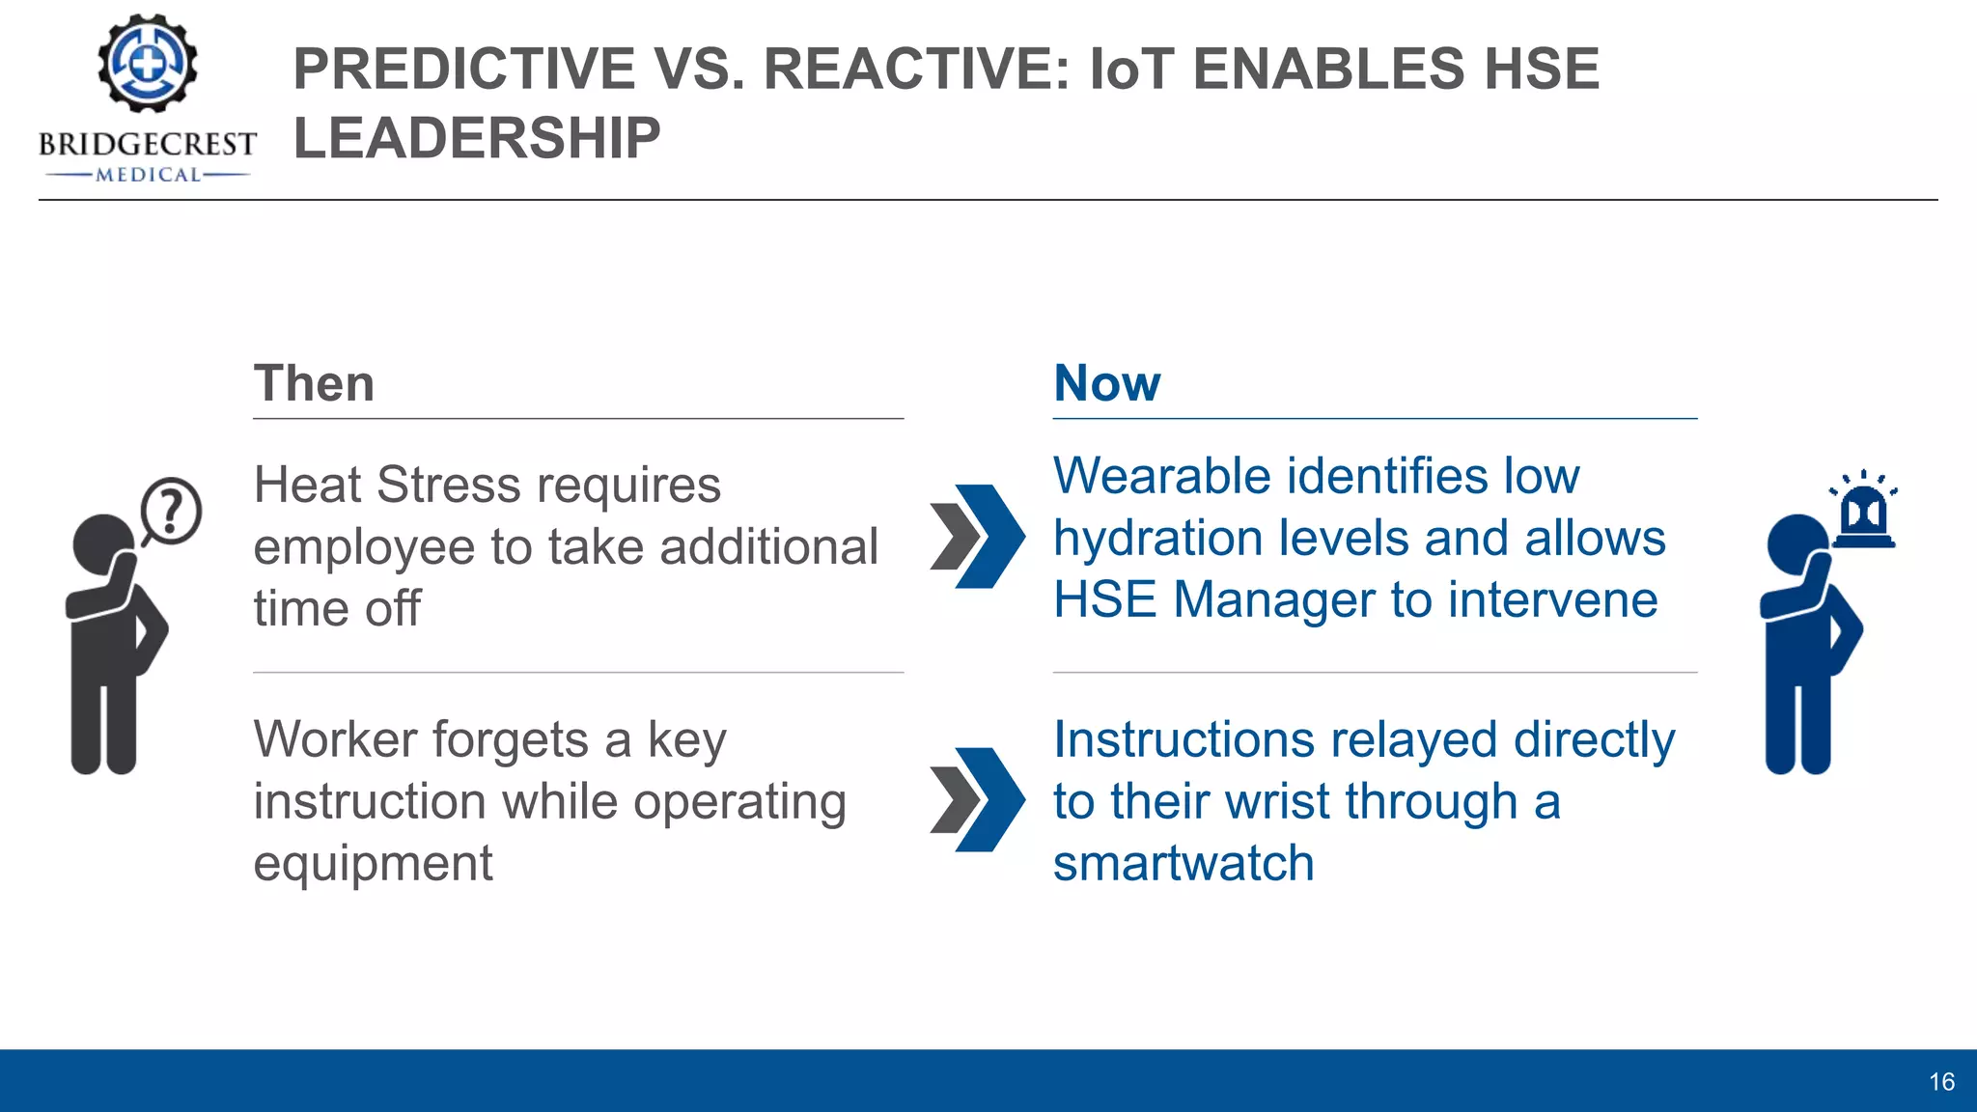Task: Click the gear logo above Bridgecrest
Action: (148, 65)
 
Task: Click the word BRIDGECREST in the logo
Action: (148, 145)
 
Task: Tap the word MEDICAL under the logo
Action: (148, 175)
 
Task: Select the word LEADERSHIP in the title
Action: (477, 138)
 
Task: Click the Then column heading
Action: (314, 383)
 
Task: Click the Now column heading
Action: (1107, 383)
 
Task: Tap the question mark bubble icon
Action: (171, 511)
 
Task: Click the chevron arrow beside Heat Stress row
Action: (977, 537)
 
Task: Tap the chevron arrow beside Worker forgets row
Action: (977, 799)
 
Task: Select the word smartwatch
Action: (1183, 863)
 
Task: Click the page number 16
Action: (1941, 1082)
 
